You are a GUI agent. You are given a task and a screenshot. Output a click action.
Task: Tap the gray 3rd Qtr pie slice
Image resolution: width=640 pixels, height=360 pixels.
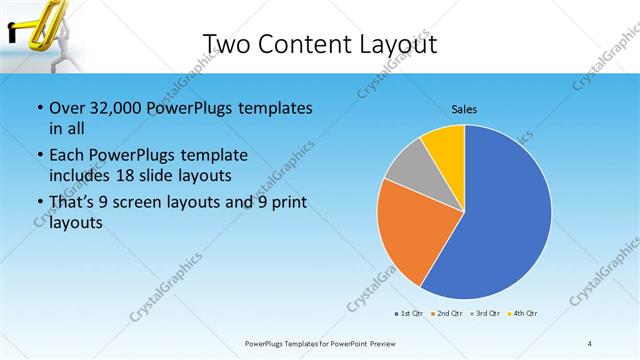[408, 174]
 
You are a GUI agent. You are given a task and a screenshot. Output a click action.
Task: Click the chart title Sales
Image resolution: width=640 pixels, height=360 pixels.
[464, 108]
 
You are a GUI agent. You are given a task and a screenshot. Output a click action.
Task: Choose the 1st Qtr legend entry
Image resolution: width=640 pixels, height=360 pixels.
[410, 314]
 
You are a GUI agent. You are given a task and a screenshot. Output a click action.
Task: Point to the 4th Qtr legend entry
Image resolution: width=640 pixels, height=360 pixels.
[523, 314]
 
